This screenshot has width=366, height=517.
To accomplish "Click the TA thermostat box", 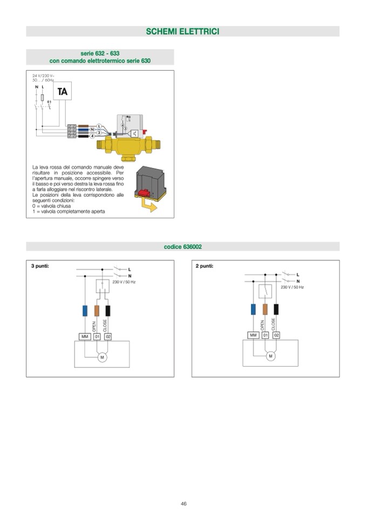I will pos(62,91).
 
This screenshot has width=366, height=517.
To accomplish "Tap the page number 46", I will pos(184,504).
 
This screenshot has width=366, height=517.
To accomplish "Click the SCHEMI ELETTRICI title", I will pos(182,32).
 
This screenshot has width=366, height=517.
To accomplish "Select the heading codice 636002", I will pos(183,247).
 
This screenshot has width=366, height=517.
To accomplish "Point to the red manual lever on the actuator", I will pos(145,192).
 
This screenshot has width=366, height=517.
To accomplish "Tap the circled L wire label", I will pos(99,126).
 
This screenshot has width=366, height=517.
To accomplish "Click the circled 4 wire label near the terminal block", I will pos(92,136).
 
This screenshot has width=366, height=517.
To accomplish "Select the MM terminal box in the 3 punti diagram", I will pos(85,336).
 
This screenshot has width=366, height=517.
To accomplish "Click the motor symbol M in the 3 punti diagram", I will pos(101,357).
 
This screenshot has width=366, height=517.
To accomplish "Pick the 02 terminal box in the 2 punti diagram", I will pos(276,335).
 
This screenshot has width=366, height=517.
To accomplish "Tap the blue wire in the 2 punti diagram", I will pos(253,309).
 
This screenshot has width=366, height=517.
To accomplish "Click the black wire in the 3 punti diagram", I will pos(108,311).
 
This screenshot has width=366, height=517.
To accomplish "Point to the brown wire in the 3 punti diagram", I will pos(97,311).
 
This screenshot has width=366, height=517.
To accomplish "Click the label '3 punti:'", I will pos(40,266).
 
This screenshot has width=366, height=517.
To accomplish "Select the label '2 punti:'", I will pos(204,266).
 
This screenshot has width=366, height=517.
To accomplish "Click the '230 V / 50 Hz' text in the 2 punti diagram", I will pos(292,287).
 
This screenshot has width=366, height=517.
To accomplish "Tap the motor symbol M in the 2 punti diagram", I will pos(270,356).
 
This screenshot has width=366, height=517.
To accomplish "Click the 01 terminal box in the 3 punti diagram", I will pos(97,336).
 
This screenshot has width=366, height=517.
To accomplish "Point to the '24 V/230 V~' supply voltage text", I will pos(43,75).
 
